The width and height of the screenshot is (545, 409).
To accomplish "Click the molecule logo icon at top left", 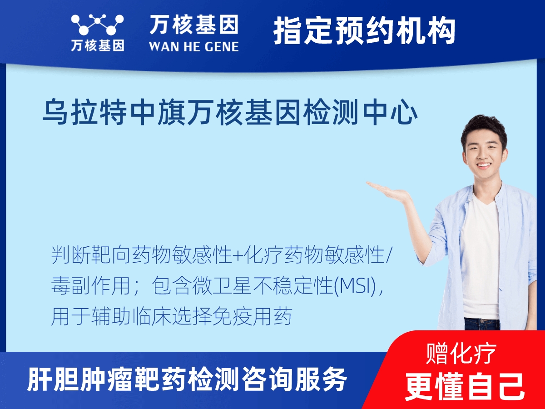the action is tap(97, 25).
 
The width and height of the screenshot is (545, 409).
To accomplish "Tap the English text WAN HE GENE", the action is tap(194, 46).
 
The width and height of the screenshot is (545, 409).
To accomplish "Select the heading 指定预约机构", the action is tap(365, 31).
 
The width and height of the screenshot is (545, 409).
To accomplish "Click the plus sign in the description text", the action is tap(238, 256).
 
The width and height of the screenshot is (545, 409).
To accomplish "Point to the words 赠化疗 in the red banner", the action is tap(461, 354).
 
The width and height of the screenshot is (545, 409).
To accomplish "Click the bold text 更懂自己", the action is tap(465, 386).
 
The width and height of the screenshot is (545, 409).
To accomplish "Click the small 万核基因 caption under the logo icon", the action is tap(98, 46).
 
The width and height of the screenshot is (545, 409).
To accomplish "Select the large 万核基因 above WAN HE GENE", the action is tap(194, 25).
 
